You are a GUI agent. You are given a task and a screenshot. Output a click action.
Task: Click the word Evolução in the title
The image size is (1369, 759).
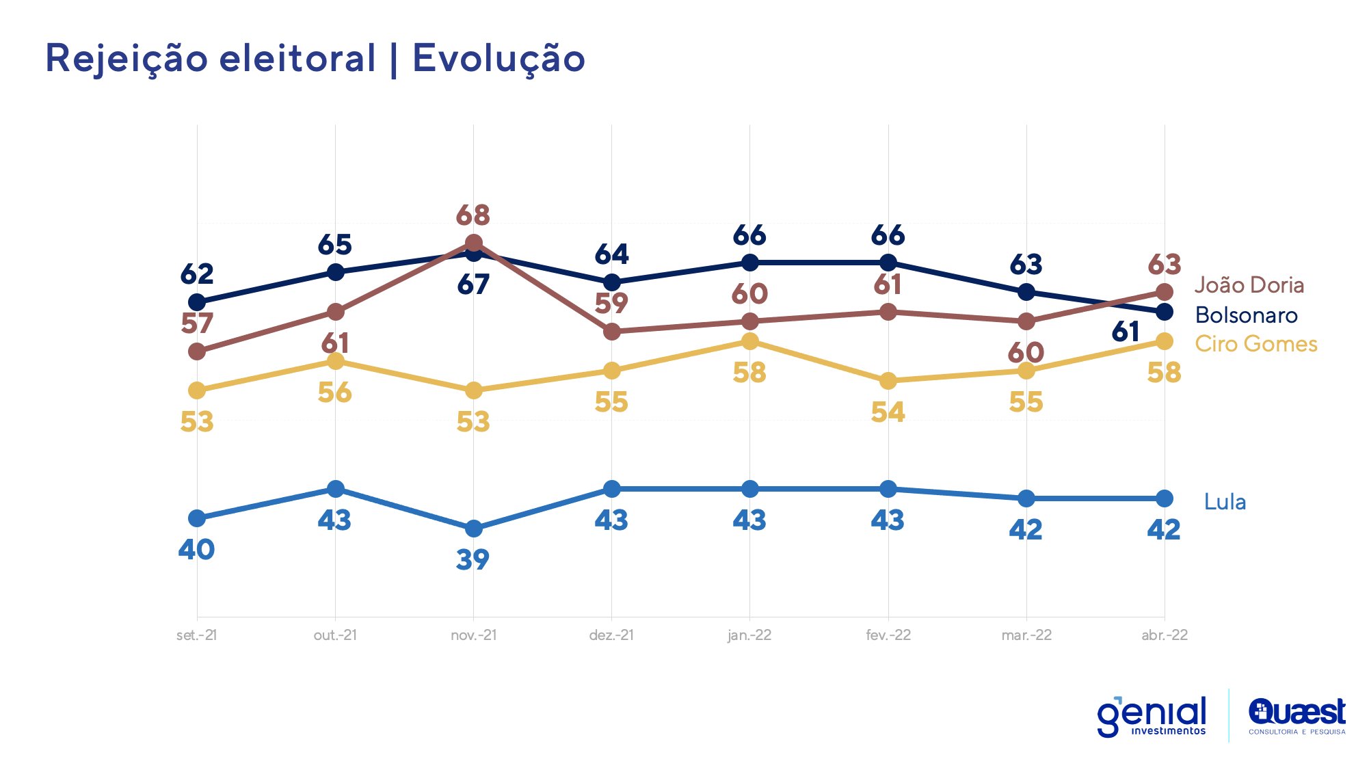499,58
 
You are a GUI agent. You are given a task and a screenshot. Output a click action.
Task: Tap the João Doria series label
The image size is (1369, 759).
1249,285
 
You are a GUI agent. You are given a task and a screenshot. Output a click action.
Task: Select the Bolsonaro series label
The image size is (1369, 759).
1246,315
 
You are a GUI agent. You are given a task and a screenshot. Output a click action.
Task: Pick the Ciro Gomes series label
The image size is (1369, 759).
1255,344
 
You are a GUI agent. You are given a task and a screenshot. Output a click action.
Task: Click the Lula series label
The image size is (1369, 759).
1224,502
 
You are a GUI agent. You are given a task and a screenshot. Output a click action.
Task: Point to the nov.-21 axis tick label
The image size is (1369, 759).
473,635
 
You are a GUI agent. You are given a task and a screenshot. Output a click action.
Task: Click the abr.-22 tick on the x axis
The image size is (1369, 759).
1164,635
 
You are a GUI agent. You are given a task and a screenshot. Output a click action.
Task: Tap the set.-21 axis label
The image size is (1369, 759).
196,635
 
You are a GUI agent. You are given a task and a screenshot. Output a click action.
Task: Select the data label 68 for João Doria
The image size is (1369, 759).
473,215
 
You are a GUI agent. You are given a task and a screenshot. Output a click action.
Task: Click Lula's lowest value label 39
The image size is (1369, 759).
473,560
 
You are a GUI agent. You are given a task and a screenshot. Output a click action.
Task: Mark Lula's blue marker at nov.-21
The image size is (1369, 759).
473,529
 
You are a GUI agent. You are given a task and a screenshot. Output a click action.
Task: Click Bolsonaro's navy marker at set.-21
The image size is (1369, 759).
197,302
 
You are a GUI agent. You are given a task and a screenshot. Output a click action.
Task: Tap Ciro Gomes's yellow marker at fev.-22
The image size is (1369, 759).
888,380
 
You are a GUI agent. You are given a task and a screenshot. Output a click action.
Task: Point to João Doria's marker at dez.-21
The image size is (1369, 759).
611,332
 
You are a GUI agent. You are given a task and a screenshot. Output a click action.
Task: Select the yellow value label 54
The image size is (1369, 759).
888,412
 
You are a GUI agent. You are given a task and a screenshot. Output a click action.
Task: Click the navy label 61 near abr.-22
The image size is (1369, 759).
1126,332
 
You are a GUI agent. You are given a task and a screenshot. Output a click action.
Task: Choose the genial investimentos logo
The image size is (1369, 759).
1152,717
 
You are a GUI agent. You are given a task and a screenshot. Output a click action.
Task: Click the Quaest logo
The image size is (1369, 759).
1297,717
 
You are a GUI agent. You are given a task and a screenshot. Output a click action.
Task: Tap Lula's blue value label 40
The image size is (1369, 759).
196,550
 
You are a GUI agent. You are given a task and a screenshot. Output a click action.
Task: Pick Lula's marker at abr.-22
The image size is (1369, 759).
1164,498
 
